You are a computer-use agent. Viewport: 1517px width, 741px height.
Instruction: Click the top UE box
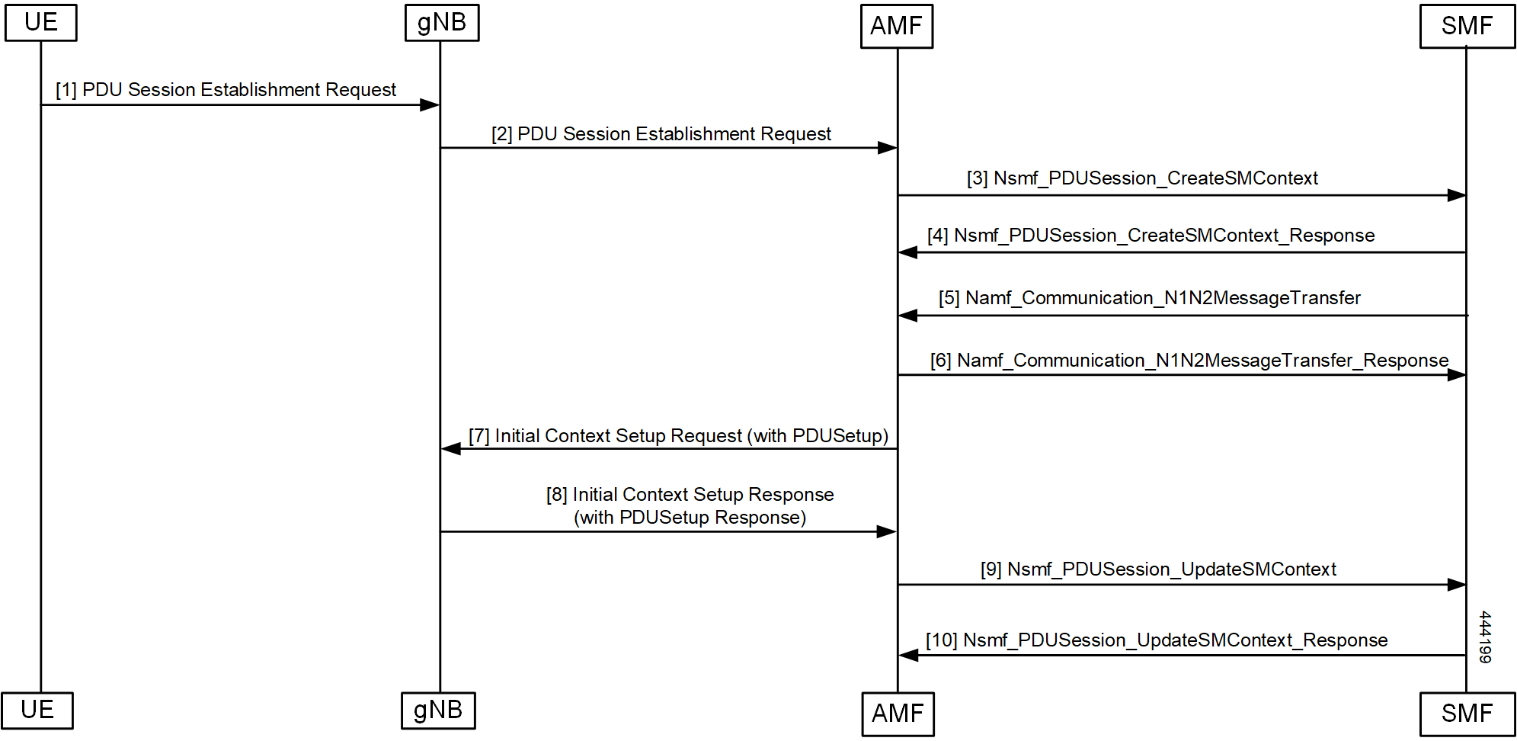coord(41,22)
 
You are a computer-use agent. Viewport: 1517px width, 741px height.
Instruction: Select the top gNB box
coord(442,22)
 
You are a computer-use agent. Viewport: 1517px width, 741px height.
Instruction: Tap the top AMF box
coord(897,26)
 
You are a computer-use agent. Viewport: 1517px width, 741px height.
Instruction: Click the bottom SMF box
coord(1467,714)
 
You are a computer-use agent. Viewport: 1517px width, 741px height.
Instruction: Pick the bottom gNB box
coord(438,711)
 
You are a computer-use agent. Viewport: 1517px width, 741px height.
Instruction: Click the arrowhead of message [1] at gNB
coord(430,104)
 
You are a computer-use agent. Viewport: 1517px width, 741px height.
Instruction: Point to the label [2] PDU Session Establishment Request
coord(661,134)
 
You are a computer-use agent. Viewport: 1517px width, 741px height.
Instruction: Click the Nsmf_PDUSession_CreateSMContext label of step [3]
coord(1155,178)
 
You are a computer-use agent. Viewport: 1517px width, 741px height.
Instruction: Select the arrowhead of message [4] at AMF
coord(908,252)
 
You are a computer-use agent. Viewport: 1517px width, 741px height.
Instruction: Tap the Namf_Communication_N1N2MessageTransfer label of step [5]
coord(1163,298)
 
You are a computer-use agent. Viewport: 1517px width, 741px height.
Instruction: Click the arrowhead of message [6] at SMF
coord(1456,375)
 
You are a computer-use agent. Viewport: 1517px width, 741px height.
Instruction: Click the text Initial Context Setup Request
coord(618,436)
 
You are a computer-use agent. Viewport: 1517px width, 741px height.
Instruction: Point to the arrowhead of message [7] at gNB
coord(452,449)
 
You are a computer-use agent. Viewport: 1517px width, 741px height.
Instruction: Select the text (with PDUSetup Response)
coord(690,518)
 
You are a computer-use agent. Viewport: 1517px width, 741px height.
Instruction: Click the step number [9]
coord(991,569)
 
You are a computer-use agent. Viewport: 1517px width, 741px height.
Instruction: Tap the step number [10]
coord(941,640)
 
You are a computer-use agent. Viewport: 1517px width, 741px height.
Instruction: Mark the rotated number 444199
coord(1484,637)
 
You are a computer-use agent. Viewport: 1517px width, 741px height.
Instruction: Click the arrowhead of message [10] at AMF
coord(908,655)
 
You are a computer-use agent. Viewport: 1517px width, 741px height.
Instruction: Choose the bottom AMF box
coord(898,714)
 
